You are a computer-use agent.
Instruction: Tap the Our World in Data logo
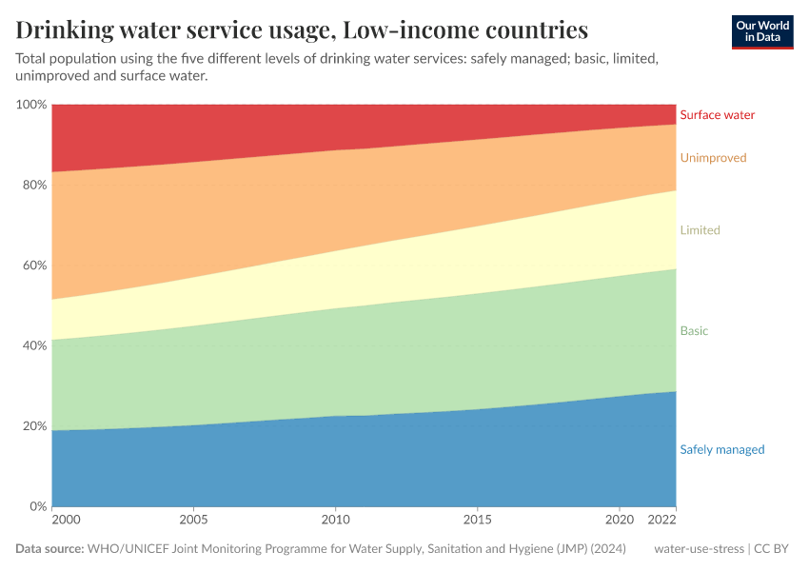point(761,31)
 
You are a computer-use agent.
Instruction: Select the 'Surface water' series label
point(717,115)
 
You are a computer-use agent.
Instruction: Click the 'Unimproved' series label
point(713,158)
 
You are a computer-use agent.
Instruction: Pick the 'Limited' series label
point(700,230)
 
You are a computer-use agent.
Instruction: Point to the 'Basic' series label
point(694,331)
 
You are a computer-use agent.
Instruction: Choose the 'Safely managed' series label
point(721,450)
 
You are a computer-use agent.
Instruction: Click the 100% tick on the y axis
point(31,105)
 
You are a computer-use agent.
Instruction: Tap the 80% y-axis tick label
point(33,185)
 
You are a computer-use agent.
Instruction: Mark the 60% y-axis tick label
point(33,266)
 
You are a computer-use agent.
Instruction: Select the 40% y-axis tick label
point(33,345)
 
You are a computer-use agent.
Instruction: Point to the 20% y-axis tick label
point(33,426)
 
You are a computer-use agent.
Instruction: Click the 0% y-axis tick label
point(37,506)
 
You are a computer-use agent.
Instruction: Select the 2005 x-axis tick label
point(193,522)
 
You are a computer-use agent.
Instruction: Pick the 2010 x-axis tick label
point(335,522)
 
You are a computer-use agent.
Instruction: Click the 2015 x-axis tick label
point(477,522)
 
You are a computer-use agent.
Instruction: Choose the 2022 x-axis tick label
point(661,522)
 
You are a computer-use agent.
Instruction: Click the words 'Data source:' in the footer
point(49,549)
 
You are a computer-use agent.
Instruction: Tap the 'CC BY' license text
point(776,549)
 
